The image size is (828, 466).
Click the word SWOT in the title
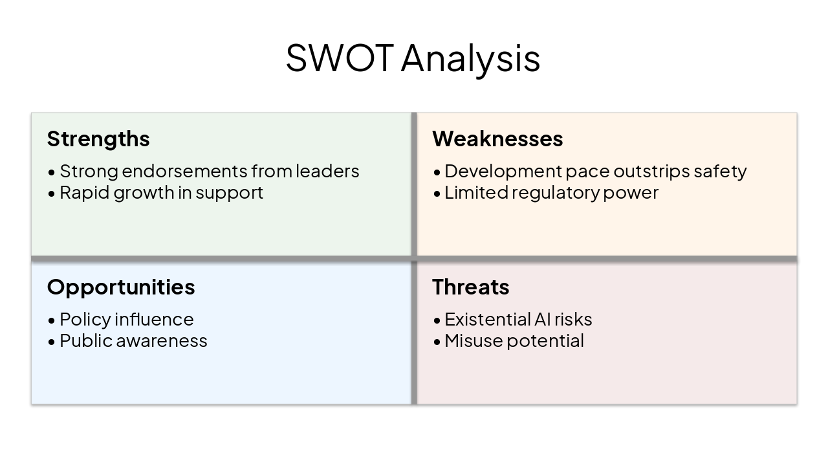[339, 58]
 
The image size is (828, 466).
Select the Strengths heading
[98, 139]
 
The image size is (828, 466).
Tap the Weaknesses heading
[497, 139]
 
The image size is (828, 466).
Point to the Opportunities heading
[121, 287]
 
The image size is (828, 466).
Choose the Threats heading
[470, 287]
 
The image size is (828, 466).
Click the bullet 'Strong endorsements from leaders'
[209, 171]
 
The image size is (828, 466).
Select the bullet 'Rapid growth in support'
[161, 192]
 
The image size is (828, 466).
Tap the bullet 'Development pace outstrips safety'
[595, 171]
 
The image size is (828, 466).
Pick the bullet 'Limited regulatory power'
[551, 192]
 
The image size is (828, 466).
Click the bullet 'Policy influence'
[126, 319]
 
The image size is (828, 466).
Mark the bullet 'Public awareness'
[133, 340]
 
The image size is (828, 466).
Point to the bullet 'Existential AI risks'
[518, 319]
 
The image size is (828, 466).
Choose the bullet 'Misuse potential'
[514, 340]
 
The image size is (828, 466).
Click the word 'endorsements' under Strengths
[184, 171]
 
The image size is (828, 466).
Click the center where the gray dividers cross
[414, 259]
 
